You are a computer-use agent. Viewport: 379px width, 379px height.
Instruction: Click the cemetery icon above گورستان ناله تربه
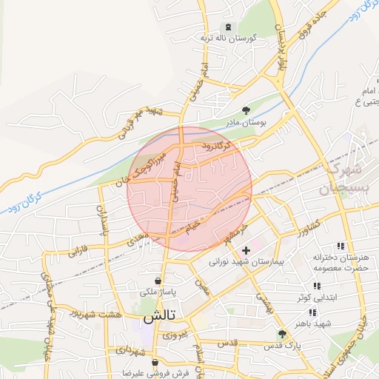pos(227,26)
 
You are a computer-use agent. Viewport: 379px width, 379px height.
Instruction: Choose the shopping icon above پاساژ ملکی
pos(158,281)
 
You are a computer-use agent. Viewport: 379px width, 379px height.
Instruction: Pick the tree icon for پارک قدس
pos(281,335)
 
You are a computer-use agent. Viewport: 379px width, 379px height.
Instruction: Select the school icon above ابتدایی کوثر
pos(317,286)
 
